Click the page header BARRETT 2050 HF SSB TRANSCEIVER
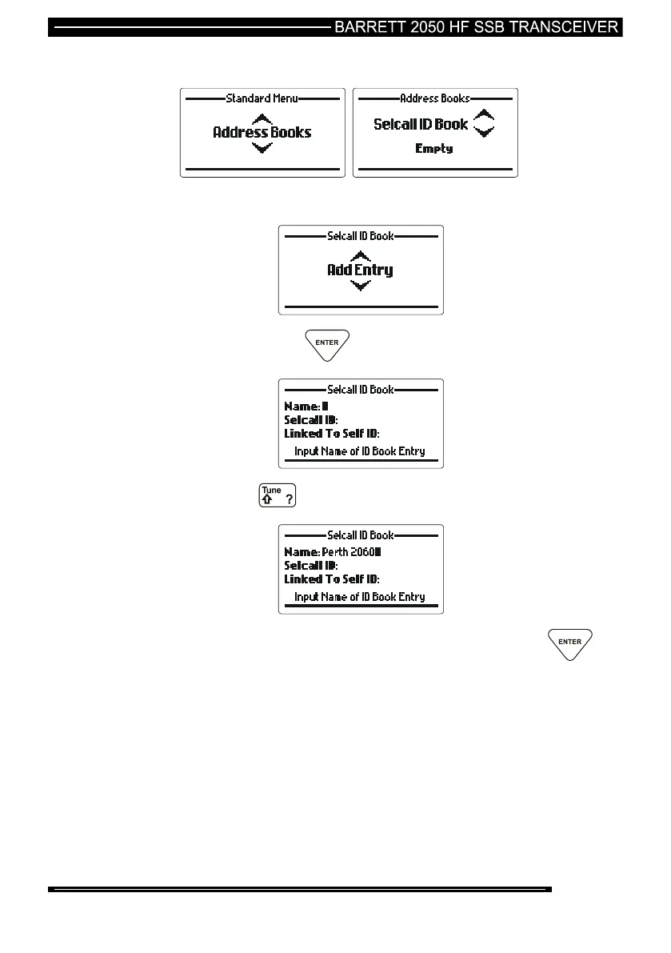(477, 27)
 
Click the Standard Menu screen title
(262, 98)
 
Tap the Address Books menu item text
(262, 133)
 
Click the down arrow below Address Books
(262, 148)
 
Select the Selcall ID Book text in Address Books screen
(421, 125)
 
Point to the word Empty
(434, 149)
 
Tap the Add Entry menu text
(360, 270)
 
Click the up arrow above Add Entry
(361, 255)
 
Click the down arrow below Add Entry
(361, 286)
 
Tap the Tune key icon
(277, 495)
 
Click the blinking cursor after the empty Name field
(326, 406)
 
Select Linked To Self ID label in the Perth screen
(332, 579)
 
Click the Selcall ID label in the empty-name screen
(311, 420)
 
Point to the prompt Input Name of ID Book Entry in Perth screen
(360, 597)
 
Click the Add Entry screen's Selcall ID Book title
(361, 237)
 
